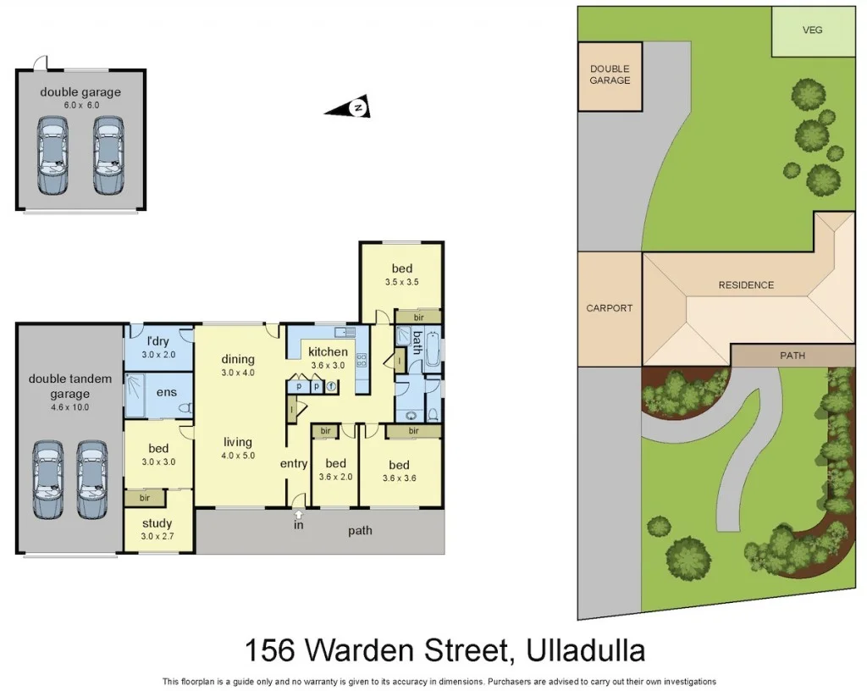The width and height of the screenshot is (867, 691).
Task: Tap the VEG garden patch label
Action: (812, 30)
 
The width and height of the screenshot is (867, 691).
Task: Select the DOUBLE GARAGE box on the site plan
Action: (610, 75)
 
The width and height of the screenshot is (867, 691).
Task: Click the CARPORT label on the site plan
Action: (609, 308)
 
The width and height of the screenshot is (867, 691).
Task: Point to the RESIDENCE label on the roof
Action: (746, 285)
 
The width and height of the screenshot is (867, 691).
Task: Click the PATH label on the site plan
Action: (792, 356)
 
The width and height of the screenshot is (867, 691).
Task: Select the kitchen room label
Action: (328, 351)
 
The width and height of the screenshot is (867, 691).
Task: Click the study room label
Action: (158, 523)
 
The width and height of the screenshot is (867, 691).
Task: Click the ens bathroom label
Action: (167, 392)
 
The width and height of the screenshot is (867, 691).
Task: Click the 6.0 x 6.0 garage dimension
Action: (81, 105)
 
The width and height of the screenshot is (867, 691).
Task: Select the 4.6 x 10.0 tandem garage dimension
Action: (70, 407)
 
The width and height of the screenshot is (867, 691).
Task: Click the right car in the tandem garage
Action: (92, 479)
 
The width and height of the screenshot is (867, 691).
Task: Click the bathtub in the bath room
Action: (433, 351)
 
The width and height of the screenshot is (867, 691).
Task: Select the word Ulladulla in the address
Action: (586, 650)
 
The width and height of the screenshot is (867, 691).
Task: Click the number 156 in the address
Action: (269, 650)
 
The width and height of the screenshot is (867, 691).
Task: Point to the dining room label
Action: (238, 358)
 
